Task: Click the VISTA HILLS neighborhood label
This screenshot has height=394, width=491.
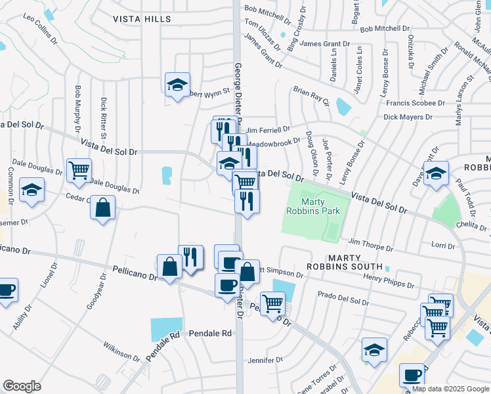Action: pyautogui.click(x=142, y=19)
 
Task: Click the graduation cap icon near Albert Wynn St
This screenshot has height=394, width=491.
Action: pyautogui.click(x=177, y=85)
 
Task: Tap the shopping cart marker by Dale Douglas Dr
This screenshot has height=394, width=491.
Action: pyautogui.click(x=79, y=170)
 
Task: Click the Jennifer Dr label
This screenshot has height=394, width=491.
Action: pyautogui.click(x=265, y=360)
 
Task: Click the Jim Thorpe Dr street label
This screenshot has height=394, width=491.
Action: pyautogui.click(x=371, y=244)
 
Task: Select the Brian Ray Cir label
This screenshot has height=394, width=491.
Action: pyautogui.click(x=311, y=95)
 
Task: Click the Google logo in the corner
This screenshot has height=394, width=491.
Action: pyautogui.click(x=22, y=386)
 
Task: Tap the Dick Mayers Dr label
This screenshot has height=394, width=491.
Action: pyautogui.click(x=408, y=118)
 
